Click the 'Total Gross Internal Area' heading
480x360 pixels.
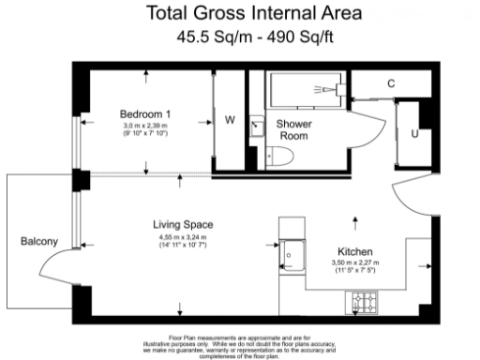(x=240, y=14)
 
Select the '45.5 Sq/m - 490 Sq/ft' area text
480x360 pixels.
(x=240, y=37)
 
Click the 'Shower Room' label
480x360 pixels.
(x=293, y=130)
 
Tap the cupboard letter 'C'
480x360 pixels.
(x=391, y=84)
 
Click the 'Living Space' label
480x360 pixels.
(x=184, y=225)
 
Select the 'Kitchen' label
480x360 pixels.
(x=356, y=253)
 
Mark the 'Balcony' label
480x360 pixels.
(x=39, y=241)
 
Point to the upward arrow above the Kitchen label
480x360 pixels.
(x=355, y=221)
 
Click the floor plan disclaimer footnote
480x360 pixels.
(x=241, y=344)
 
